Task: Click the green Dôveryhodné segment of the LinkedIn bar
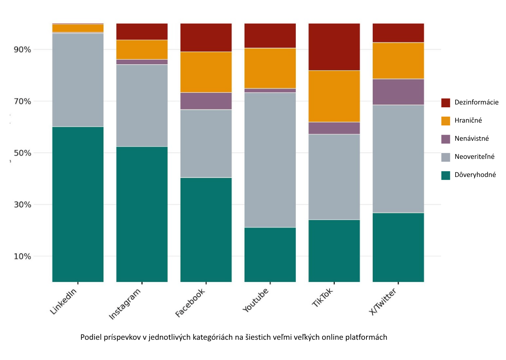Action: pos(78,204)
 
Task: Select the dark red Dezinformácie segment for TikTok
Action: pos(334,47)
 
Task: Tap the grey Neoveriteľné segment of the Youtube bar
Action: pos(270,160)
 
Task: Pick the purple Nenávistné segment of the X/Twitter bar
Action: pos(398,92)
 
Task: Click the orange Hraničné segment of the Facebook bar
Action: pos(206,72)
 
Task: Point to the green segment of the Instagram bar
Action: pos(142,214)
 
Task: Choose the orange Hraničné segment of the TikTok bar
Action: pos(334,96)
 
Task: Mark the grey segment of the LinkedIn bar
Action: pos(78,80)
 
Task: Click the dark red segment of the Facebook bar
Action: pos(206,38)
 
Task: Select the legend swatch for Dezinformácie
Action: pos(446,103)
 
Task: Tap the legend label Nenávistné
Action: pos(472,139)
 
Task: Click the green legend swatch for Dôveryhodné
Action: pos(446,175)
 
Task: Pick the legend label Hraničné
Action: pos(468,120)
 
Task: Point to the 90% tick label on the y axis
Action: pos(22,50)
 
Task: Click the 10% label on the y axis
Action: pos(22,256)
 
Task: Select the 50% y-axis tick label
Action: pos(22,153)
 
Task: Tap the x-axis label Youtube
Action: pos(256,301)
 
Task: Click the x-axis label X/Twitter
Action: pos(383,302)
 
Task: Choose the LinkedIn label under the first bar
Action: pos(64,302)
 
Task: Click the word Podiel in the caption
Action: pos(91,337)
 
